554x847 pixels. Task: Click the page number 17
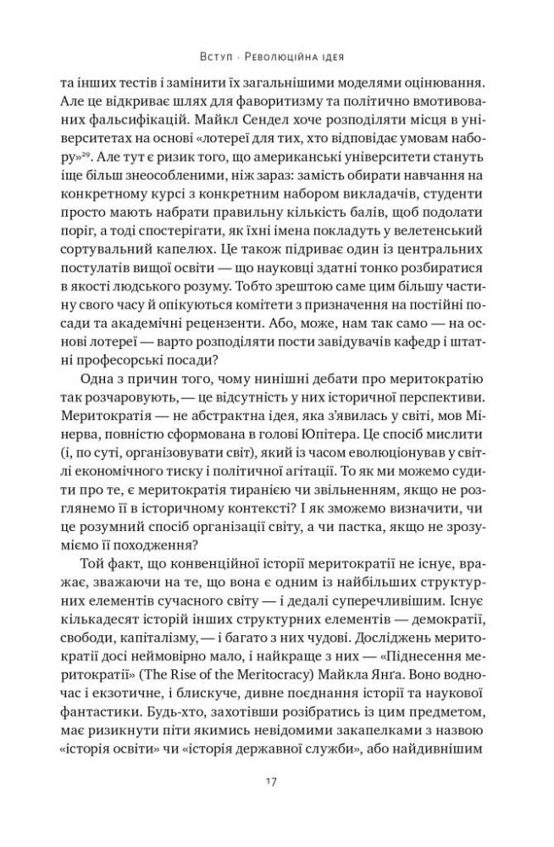[277, 780]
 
